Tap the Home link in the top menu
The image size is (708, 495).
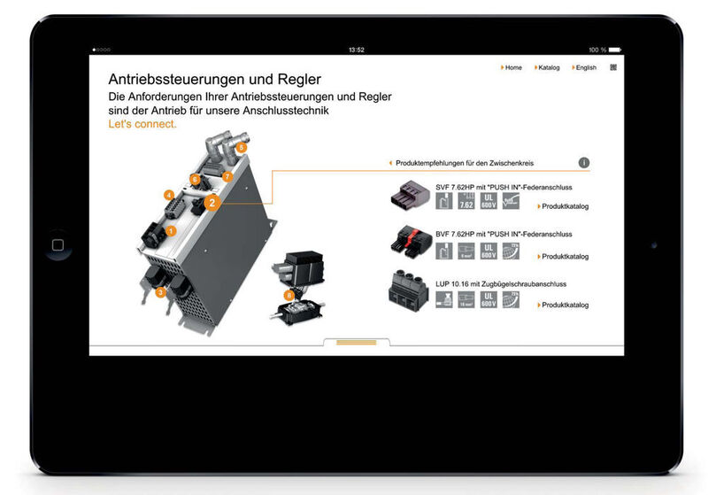pyautogui.click(x=512, y=67)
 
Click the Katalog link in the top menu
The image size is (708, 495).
pyautogui.click(x=547, y=67)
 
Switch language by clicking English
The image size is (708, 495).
pyautogui.click(x=583, y=67)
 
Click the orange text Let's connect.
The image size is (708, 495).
pyautogui.click(x=142, y=124)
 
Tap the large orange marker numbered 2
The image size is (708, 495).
pyautogui.click(x=212, y=202)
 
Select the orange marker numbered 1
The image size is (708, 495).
pyautogui.click(x=172, y=230)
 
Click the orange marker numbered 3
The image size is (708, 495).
pyautogui.click(x=160, y=292)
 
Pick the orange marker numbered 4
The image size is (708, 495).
pyautogui.click(x=168, y=195)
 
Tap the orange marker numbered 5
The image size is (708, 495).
pyautogui.click(x=242, y=148)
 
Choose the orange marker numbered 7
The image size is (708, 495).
pyautogui.click(x=227, y=176)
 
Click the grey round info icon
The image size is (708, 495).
pyautogui.click(x=584, y=163)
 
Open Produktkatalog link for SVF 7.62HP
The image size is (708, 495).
pyautogui.click(x=564, y=206)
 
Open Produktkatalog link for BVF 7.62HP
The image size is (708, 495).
pyautogui.click(x=564, y=256)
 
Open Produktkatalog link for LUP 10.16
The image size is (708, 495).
pyautogui.click(x=564, y=305)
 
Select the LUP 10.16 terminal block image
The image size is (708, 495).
pyautogui.click(x=408, y=292)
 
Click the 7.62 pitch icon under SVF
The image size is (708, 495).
pyautogui.click(x=466, y=202)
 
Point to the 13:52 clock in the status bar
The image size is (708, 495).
pyautogui.click(x=357, y=50)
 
